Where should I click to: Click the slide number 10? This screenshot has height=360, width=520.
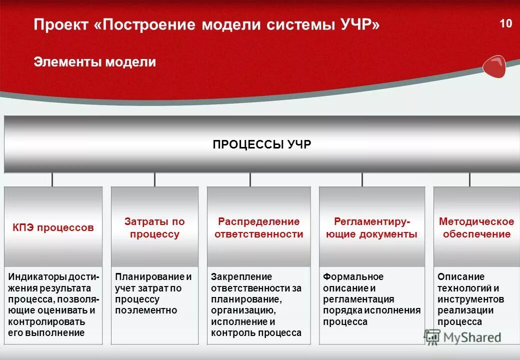pos(505,23)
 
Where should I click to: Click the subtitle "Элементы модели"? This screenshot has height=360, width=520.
pos(95,62)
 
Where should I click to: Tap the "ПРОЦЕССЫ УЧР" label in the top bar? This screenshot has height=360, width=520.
pos(261,144)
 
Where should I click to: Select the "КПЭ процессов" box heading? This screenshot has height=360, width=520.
pos(53,227)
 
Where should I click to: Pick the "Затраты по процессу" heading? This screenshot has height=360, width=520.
pos(154,227)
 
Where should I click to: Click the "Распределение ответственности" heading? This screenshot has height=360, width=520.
pos(258,227)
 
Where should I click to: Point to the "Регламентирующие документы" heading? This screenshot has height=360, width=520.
pos(371,227)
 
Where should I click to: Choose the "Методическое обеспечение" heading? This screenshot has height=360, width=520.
pos(476,227)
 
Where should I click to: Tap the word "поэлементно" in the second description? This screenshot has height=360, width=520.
pos(146,310)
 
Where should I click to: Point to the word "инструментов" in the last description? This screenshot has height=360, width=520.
pos(470,299)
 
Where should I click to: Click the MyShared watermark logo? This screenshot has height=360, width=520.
pos(462,337)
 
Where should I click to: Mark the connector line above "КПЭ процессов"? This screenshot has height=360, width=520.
pos(52,179)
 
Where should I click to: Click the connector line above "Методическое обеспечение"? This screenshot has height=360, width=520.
pos(469,179)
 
